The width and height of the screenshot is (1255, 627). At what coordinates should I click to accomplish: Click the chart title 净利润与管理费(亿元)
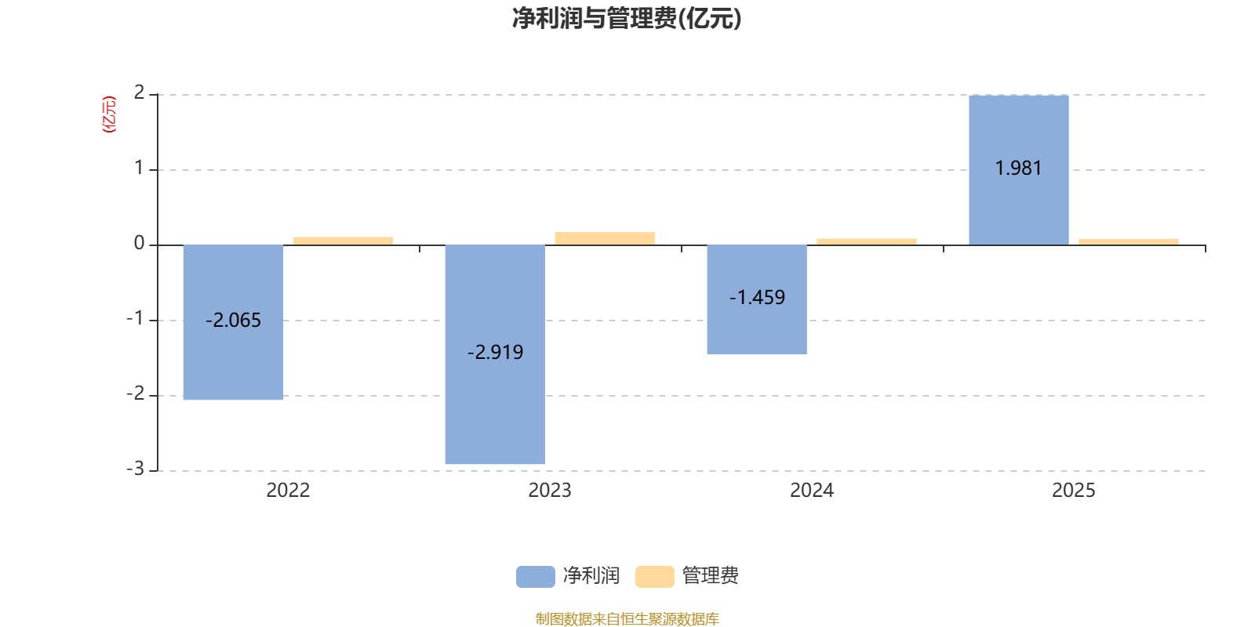coord(627,18)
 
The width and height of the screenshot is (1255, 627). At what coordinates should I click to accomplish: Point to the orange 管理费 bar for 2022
coord(343,241)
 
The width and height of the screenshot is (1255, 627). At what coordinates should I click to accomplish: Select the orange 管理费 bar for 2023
coord(605,238)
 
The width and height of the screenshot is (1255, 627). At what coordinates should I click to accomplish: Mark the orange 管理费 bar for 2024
coord(867,241)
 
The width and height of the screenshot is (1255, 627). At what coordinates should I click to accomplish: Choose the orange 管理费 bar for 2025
coord(1129,241)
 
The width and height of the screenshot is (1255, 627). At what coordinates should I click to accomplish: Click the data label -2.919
coord(495,353)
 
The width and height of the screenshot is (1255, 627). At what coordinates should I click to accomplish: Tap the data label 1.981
coord(1018,169)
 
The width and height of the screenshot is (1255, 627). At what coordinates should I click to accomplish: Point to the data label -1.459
coord(757,298)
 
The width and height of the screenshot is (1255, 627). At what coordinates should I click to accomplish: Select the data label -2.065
coord(233,321)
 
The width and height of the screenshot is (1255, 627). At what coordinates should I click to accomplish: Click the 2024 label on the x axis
coord(812,490)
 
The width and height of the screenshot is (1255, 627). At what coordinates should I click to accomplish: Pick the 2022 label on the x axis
coord(288,490)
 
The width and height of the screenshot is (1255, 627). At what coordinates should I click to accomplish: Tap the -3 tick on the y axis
coord(136,469)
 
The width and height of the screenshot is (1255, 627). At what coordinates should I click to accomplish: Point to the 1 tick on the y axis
coord(139,168)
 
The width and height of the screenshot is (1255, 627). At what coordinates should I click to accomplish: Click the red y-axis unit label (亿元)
coord(109,114)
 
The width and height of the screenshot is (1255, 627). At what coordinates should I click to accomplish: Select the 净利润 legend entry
coord(569,576)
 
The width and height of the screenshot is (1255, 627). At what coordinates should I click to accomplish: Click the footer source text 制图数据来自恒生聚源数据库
coord(627,619)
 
